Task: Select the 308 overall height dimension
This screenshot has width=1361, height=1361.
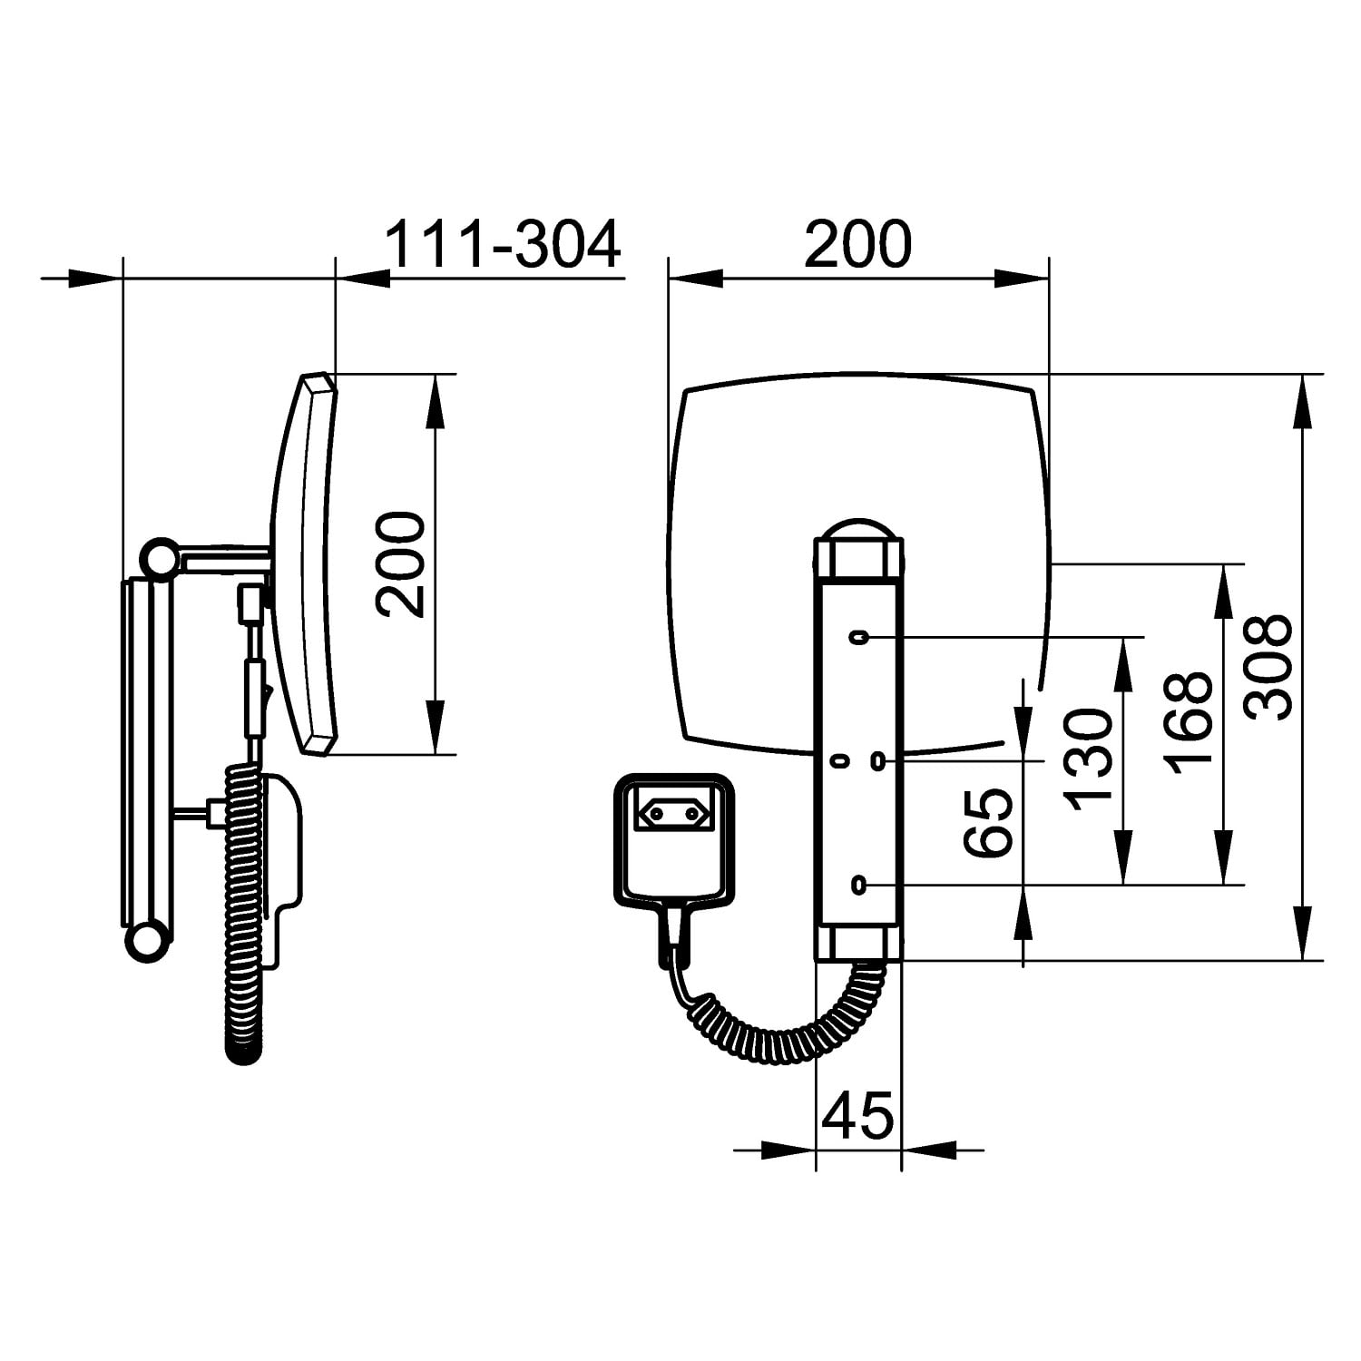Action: (1268, 667)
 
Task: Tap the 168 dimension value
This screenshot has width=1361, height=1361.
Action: (1190, 723)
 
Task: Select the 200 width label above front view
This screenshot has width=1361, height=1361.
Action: (857, 243)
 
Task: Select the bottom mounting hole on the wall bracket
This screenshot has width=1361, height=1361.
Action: (858, 885)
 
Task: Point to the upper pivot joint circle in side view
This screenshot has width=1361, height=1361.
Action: (161, 558)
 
